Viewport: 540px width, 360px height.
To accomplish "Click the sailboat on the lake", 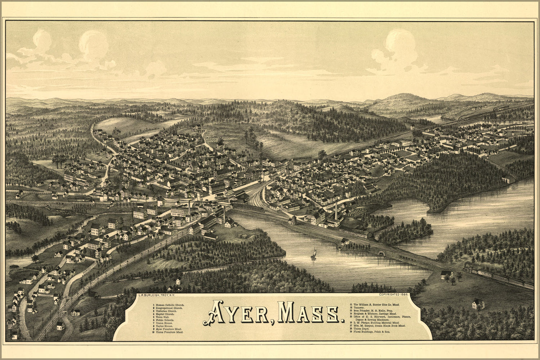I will (x=314, y=254).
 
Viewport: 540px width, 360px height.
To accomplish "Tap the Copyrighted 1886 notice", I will (x=391, y=294).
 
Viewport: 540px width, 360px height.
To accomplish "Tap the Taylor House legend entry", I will (x=164, y=326).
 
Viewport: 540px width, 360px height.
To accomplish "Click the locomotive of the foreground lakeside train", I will (x=468, y=269).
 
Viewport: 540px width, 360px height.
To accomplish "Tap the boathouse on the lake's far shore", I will (x=508, y=179).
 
